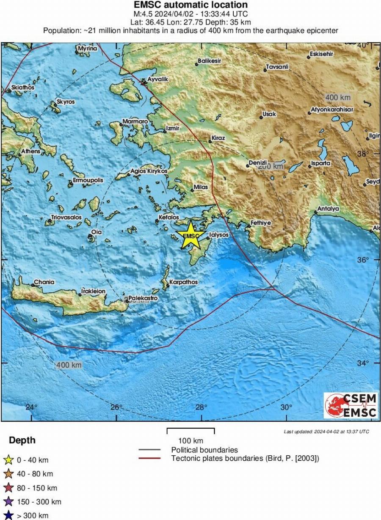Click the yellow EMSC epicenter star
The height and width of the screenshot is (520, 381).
191,235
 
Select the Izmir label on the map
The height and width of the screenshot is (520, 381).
173,128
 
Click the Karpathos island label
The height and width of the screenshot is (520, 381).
183,282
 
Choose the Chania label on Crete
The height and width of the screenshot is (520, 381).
44,282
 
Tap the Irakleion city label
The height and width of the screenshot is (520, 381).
94,291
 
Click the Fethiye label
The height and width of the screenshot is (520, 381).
261,223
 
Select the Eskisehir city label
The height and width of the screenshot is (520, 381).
322,54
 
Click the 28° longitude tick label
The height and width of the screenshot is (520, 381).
201,407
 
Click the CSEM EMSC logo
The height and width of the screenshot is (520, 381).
351,405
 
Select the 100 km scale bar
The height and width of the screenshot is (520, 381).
190,431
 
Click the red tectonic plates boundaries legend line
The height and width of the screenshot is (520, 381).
149,458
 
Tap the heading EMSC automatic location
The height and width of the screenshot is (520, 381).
190,5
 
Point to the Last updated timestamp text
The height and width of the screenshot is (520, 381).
326,432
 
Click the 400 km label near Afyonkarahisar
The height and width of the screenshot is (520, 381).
337,98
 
